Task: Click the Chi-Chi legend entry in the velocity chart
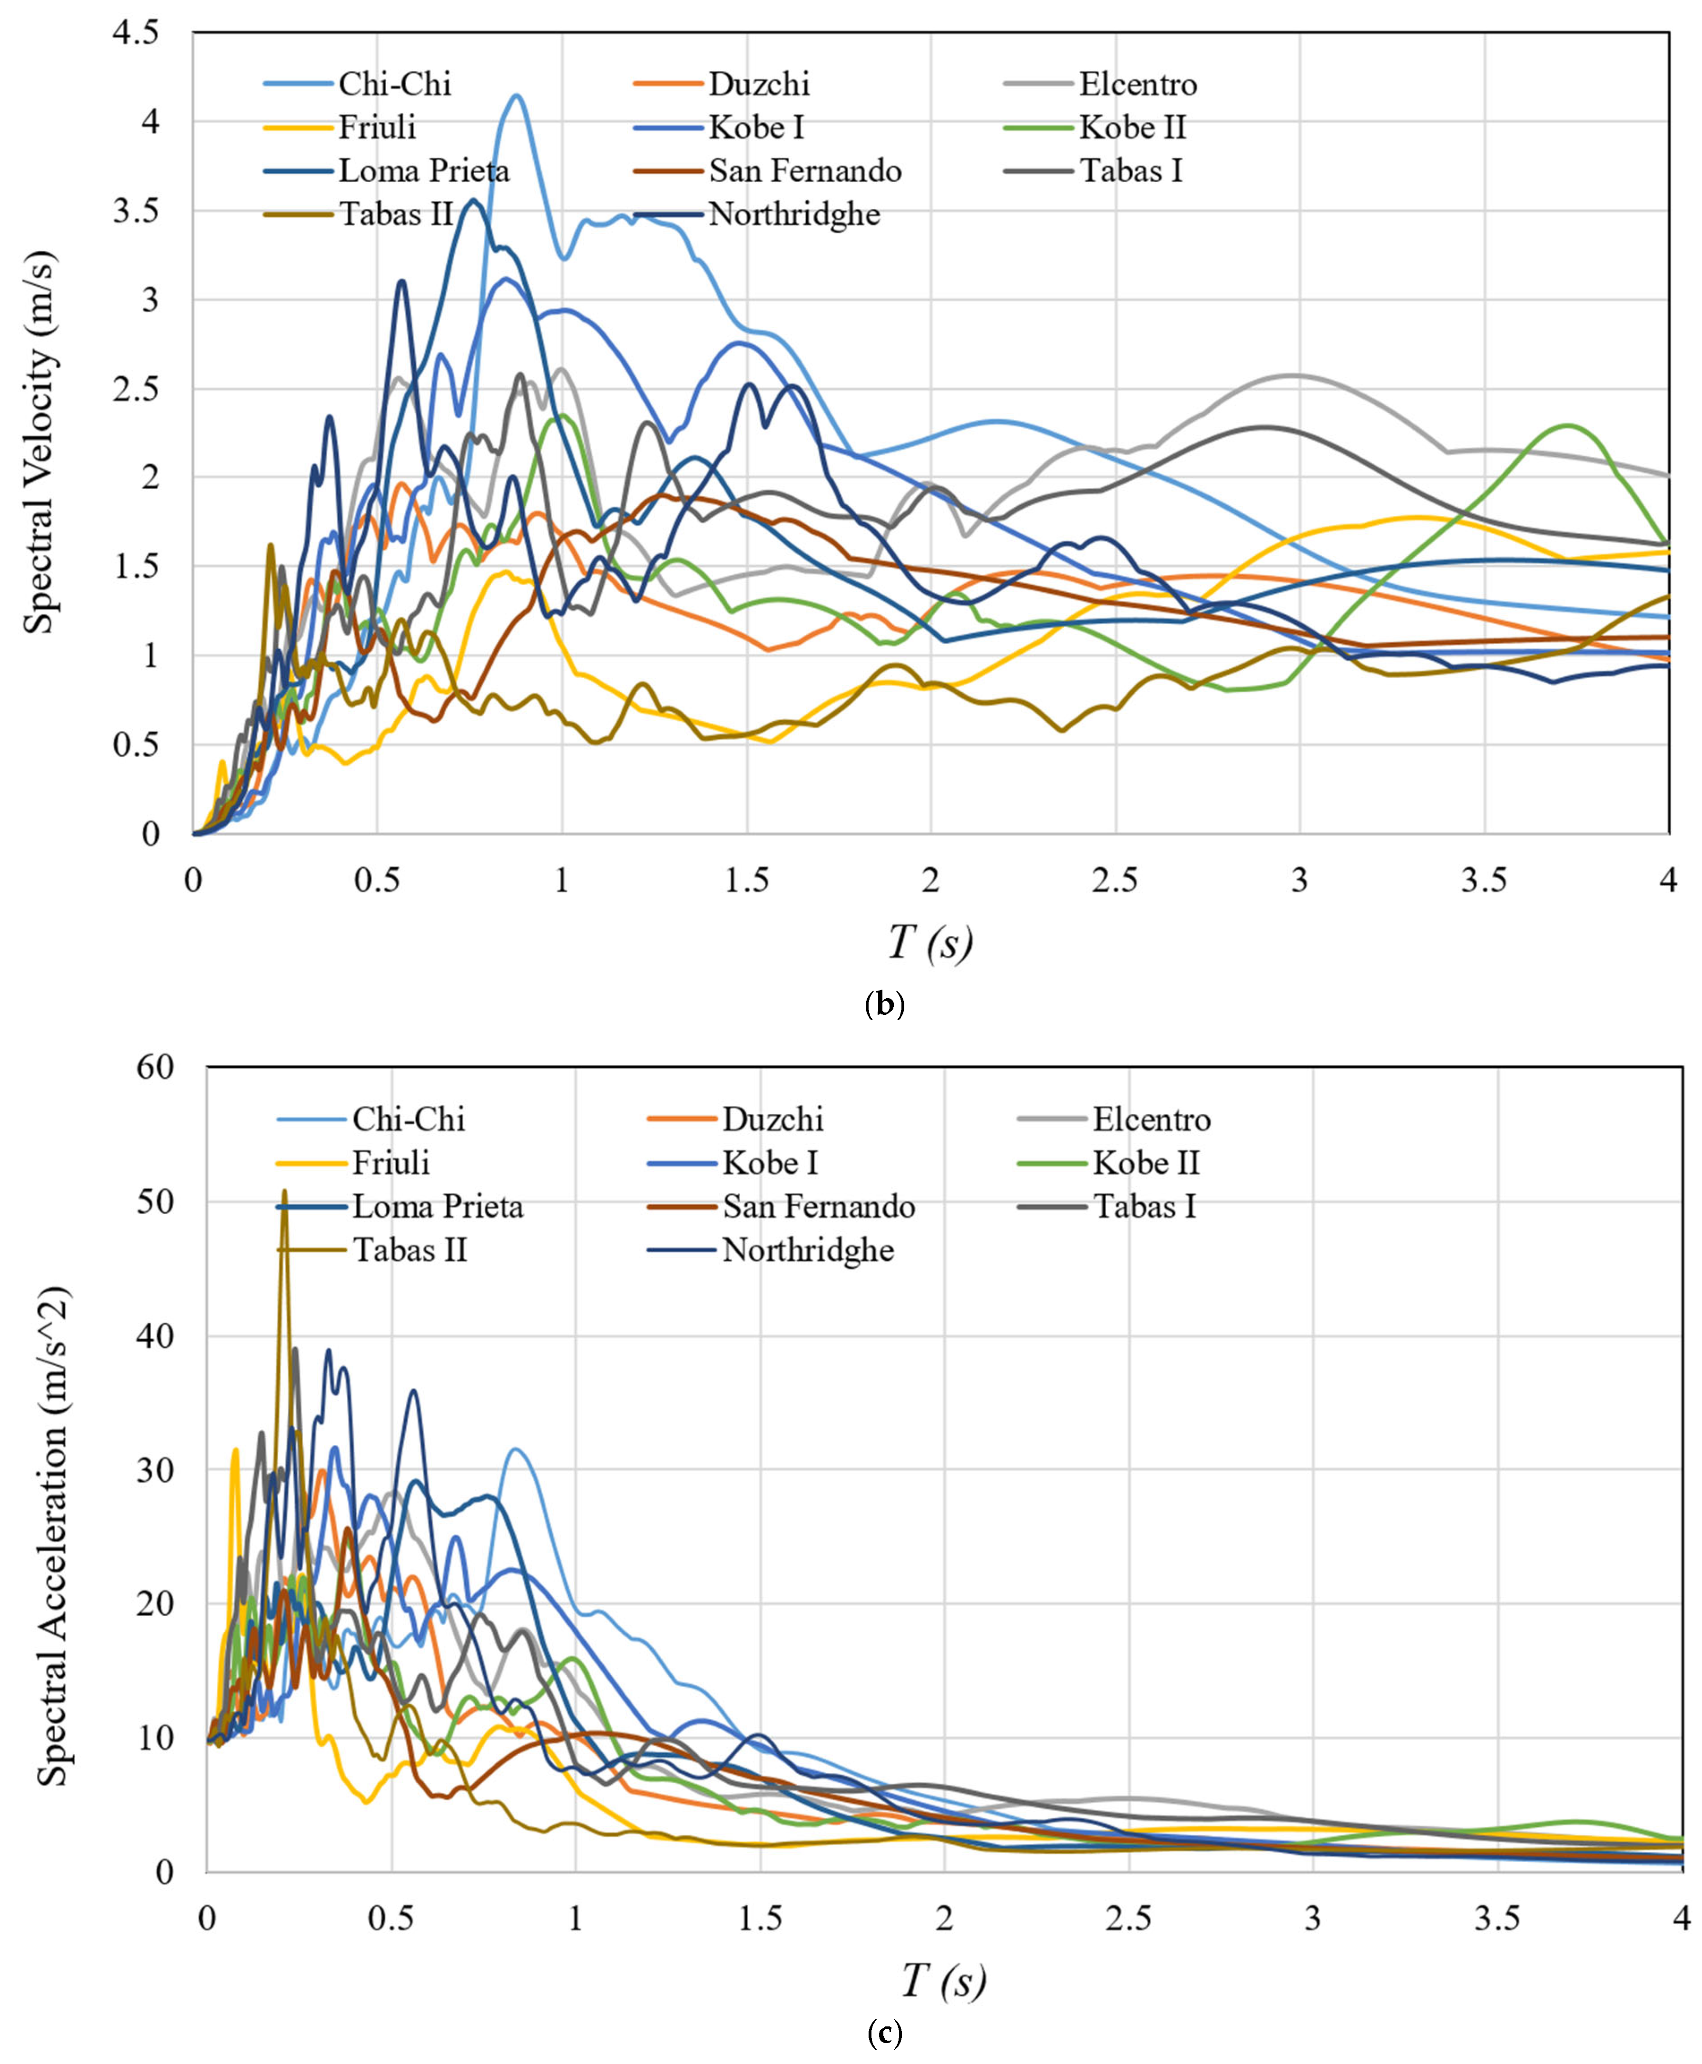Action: [x=394, y=84]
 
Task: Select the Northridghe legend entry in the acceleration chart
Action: [x=808, y=1250]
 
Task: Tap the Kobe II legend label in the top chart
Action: [x=1133, y=128]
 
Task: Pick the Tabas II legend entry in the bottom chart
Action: [x=410, y=1250]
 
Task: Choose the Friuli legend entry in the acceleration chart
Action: [x=390, y=1163]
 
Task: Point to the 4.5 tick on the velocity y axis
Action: [x=136, y=33]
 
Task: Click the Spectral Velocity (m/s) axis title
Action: [x=39, y=441]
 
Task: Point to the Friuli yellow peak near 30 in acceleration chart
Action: [x=235, y=1449]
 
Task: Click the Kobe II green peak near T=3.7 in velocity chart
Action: [x=1568, y=425]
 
